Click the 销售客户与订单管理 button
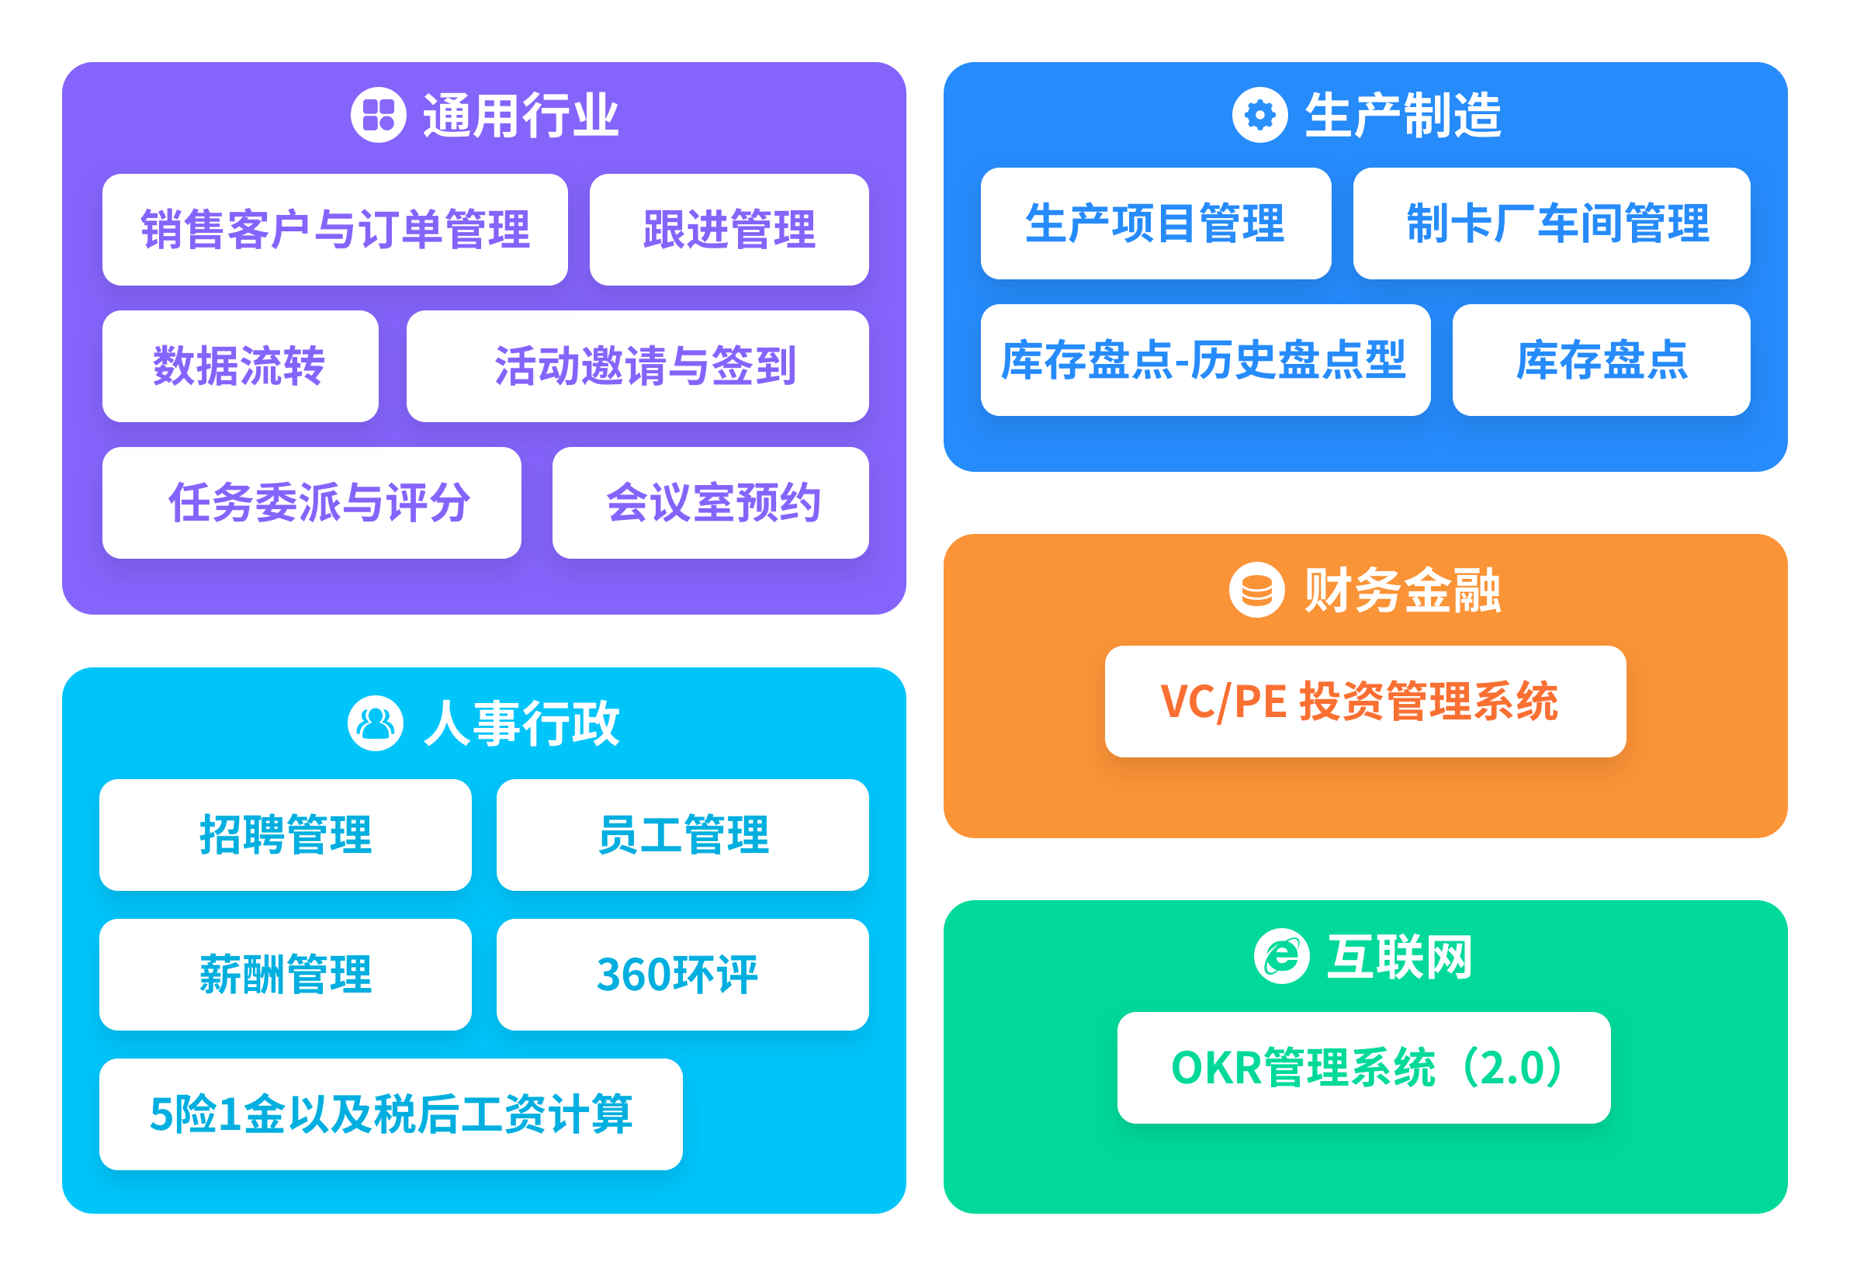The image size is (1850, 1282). pyautogui.click(x=335, y=230)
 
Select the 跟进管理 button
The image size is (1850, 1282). pyautogui.click(x=729, y=230)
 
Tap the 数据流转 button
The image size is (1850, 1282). pyautogui.click(x=241, y=366)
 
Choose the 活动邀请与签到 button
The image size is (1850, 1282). pyautogui.click(x=637, y=366)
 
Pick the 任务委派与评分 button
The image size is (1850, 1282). pyautogui.click(x=312, y=503)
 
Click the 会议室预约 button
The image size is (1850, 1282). pyautogui.click(x=710, y=503)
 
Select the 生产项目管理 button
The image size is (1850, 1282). pyautogui.click(x=1155, y=223)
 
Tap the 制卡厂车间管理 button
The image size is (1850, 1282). pyautogui.click(x=1551, y=223)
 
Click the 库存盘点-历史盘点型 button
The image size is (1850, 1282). pyautogui.click(x=1205, y=360)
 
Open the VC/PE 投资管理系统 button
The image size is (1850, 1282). pyautogui.click(x=1365, y=702)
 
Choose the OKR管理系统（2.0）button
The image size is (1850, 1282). pyautogui.click(x=1363, y=1068)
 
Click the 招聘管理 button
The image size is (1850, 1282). pyautogui.click(x=285, y=834)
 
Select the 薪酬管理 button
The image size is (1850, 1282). pyautogui.click(x=285, y=975)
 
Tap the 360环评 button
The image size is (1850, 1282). pyautogui.click(x=682, y=975)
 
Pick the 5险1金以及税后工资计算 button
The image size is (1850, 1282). pyautogui.click(x=390, y=1114)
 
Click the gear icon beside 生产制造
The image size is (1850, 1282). pyautogui.click(x=1259, y=115)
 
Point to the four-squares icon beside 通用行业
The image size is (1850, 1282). pyautogui.click(x=379, y=115)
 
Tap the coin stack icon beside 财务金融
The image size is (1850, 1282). pyautogui.click(x=1256, y=590)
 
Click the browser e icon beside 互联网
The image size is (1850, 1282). pyautogui.click(x=1281, y=956)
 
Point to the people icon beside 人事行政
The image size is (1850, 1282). pyautogui.click(x=375, y=723)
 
